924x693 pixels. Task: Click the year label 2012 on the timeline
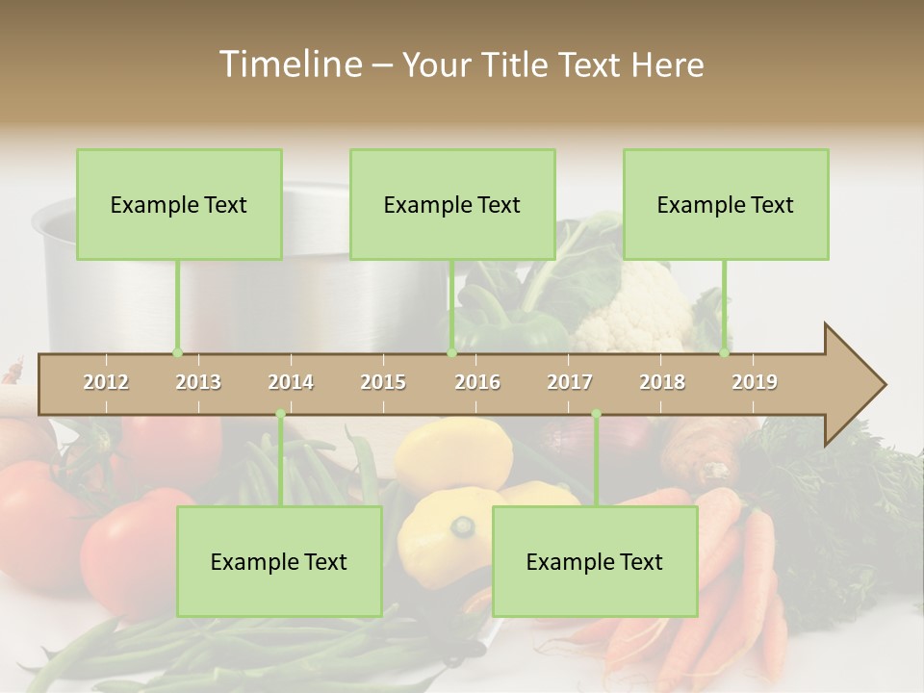106,382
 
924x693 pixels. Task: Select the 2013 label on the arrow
198,382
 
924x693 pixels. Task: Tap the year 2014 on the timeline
291,382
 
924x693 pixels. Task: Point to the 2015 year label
383,382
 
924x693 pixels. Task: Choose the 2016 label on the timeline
477,382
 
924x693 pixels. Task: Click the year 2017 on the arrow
570,382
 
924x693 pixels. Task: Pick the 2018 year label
662,382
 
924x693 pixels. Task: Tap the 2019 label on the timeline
755,382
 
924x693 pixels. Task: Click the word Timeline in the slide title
289,64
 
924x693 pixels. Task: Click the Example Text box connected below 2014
279,561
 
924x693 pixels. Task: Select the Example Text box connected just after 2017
595,561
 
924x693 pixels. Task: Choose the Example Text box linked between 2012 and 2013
179,204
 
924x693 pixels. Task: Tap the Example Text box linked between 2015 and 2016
452,204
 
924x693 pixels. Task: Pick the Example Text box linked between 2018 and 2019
726,204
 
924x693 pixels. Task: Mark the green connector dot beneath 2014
280,414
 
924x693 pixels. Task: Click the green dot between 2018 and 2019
724,352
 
